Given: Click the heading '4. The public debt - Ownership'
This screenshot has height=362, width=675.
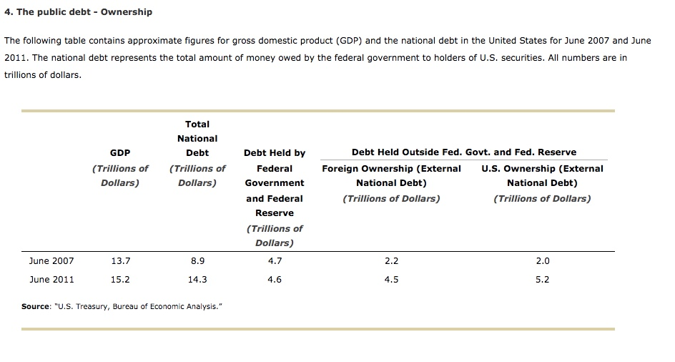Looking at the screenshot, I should point(78,12).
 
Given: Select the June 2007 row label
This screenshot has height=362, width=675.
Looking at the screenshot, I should point(51,261).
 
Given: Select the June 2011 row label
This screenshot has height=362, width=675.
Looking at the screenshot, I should point(51,280).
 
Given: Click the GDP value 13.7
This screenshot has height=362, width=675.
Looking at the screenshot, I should point(120,261).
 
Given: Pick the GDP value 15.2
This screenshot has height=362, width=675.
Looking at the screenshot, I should point(120,280).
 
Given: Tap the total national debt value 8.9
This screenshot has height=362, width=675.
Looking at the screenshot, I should point(197,261).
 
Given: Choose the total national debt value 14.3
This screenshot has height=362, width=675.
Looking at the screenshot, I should point(197,280).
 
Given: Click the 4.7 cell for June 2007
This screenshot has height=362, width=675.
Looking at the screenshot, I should point(275,261).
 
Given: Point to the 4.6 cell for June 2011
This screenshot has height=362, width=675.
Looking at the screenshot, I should point(275,280).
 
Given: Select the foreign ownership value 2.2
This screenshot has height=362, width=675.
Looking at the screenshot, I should point(391,261).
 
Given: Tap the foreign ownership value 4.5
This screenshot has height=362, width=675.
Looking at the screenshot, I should point(391,280).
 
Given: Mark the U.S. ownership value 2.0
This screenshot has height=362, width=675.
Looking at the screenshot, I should point(543,261).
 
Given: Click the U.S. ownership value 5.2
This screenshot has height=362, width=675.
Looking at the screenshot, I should point(543,280).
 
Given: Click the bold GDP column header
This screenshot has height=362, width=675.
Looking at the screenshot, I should point(120,152).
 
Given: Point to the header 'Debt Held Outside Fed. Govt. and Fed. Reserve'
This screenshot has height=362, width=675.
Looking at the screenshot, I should point(464,152).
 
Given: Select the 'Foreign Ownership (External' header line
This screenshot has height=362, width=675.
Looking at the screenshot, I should point(391,169).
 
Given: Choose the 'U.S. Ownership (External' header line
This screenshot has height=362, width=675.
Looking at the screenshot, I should point(542,169).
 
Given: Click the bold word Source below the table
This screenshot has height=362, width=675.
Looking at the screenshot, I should point(35,307).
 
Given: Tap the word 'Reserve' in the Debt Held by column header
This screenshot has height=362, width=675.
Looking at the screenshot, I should point(275,213).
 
